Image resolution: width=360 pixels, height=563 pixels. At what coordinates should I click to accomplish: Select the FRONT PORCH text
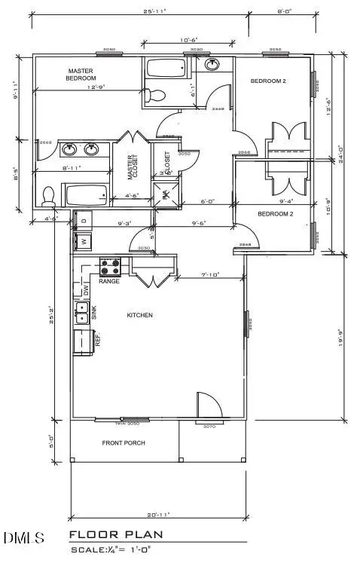(124, 442)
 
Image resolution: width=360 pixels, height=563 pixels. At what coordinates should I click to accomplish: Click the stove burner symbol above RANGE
(111, 266)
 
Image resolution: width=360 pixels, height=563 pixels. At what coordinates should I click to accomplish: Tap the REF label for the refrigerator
(97, 340)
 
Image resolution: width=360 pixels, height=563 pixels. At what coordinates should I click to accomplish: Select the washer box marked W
(83, 242)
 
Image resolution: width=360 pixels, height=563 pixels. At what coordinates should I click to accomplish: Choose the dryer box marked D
(83, 221)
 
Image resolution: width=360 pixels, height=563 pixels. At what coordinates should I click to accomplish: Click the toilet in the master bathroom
(49, 196)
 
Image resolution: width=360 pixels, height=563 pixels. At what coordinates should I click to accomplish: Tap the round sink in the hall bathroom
(213, 66)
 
